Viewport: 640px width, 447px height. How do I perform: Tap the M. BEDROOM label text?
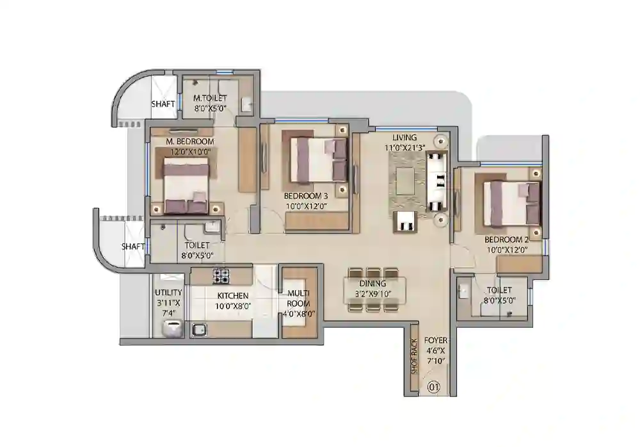[190, 141]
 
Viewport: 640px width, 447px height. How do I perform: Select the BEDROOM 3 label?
[306, 195]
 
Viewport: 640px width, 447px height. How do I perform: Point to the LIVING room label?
[404, 138]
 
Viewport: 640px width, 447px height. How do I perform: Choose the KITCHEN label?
[233, 296]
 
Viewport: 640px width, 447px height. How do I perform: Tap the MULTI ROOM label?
[298, 298]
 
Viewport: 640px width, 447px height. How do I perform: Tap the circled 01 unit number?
[433, 387]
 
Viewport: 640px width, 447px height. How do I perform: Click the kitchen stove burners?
[221, 276]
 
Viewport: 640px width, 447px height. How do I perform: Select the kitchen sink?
[199, 330]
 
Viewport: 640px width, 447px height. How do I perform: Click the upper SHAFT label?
[163, 104]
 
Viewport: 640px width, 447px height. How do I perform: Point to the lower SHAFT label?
[133, 246]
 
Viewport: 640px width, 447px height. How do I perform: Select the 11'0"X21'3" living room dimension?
[404, 147]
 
